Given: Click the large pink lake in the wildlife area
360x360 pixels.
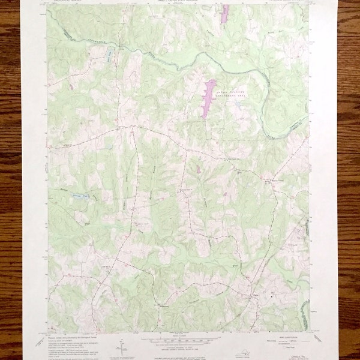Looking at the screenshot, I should (208, 98).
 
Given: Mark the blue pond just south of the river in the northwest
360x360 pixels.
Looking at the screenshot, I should (109, 55).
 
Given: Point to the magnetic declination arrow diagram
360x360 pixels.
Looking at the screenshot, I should (123, 347).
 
